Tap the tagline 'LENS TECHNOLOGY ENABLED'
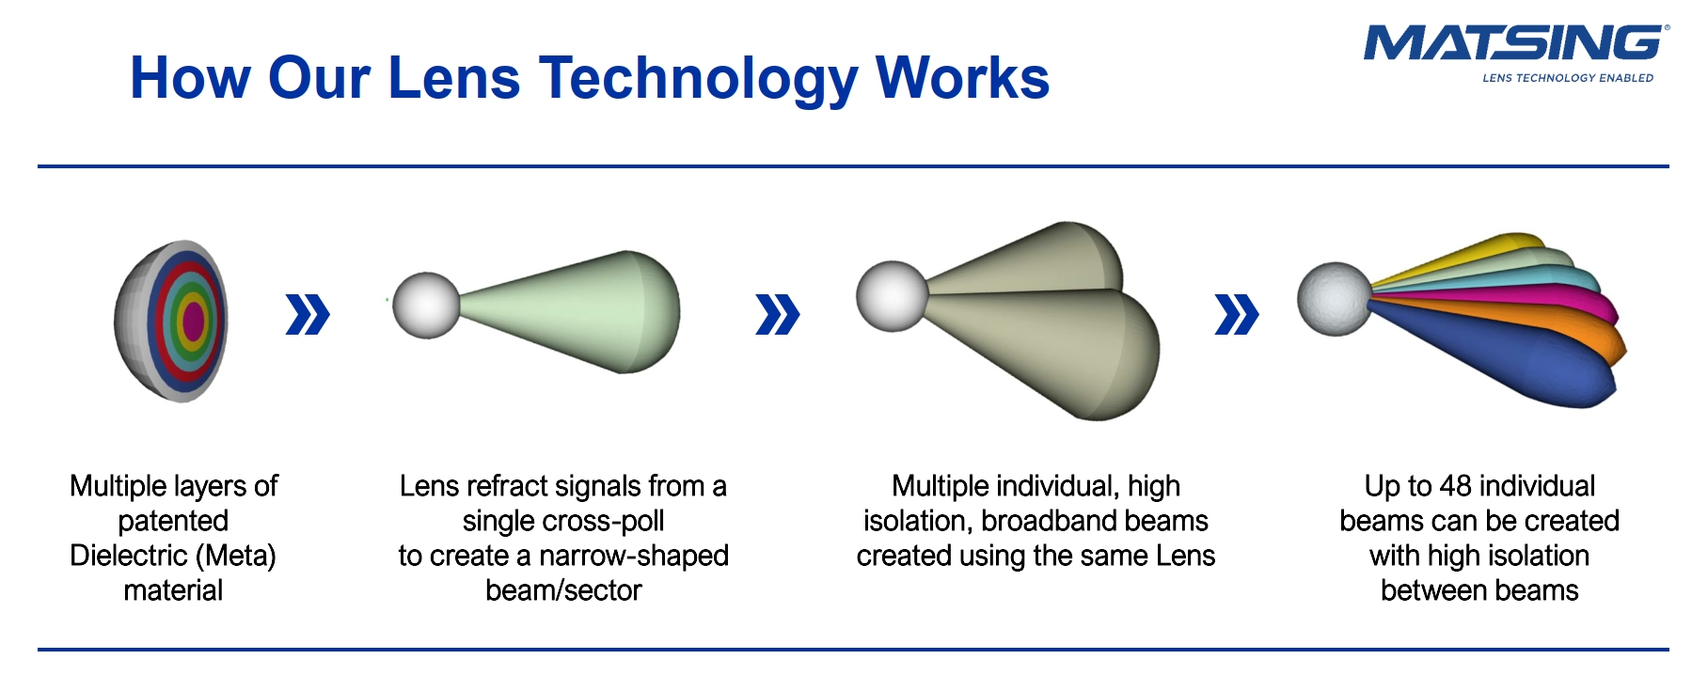point(1568,78)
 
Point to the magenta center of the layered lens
point(194,321)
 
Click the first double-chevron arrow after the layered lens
point(308,314)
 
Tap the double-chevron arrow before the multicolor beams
point(1237,314)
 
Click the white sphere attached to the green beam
point(426,306)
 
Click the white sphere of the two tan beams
point(892,296)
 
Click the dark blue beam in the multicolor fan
point(1514,362)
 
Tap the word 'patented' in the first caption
point(173,521)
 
